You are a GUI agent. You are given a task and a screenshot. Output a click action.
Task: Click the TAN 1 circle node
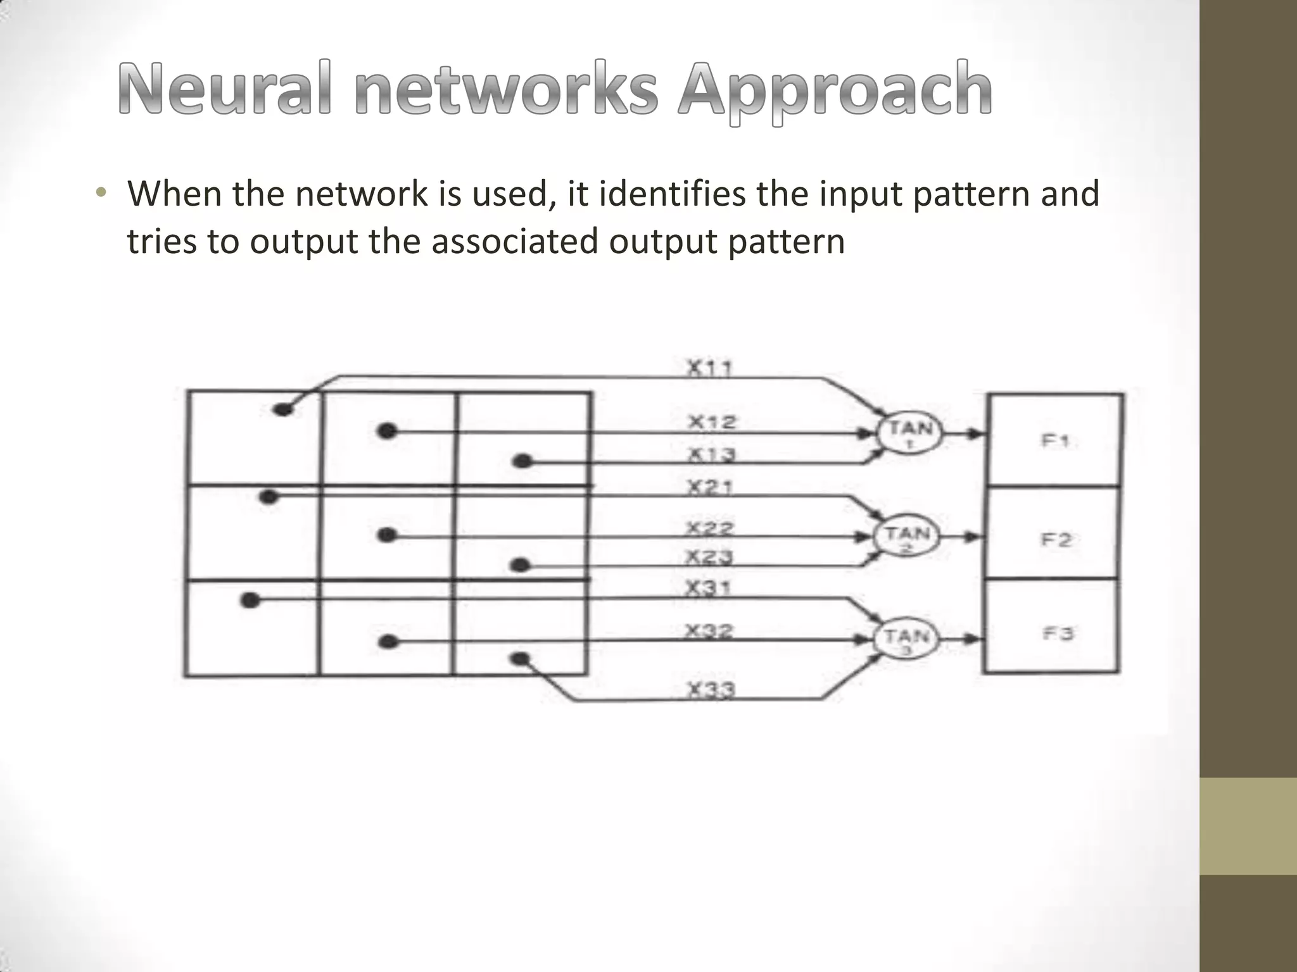(x=909, y=433)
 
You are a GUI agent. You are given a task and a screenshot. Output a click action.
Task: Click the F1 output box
(x=1056, y=440)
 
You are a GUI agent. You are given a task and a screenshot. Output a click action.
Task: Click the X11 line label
(x=710, y=368)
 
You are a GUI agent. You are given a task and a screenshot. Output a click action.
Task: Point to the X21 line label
(x=710, y=487)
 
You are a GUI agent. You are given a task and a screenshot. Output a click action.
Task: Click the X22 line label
(x=710, y=527)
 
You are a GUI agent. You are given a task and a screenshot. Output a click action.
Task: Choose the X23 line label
(x=710, y=557)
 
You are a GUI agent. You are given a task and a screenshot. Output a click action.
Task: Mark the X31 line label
(x=709, y=589)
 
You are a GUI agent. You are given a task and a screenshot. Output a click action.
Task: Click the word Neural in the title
(x=225, y=89)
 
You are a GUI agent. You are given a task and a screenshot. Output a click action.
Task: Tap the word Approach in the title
(x=835, y=92)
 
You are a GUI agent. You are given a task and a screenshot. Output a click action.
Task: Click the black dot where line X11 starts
(x=283, y=409)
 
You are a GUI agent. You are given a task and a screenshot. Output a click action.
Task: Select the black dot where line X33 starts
(x=520, y=660)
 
